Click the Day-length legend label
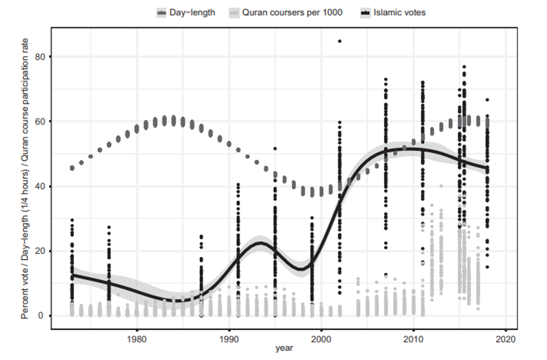click(x=192, y=12)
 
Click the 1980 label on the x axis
click(x=137, y=338)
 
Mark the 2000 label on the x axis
click(x=321, y=338)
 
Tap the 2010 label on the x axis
click(x=413, y=338)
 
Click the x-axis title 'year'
click(x=285, y=349)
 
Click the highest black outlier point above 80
click(x=339, y=41)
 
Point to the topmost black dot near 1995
click(x=275, y=148)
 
